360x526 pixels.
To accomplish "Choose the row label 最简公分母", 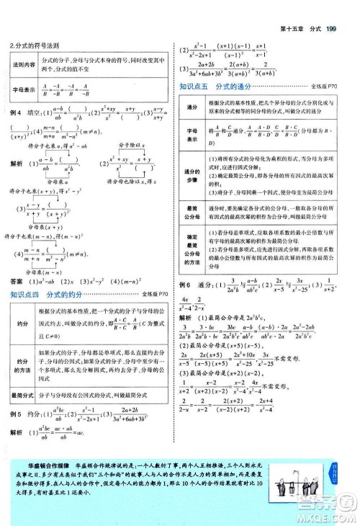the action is [192, 212].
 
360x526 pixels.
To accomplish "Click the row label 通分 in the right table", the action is [192, 107].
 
